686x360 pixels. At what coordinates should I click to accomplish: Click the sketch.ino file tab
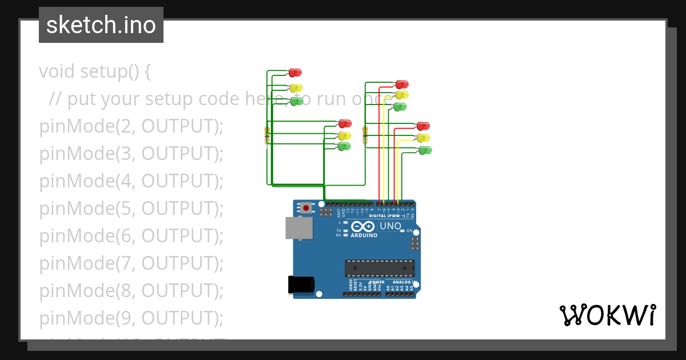[101, 25]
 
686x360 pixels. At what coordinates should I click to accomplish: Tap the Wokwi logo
[607, 315]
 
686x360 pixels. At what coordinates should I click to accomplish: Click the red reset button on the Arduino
[307, 207]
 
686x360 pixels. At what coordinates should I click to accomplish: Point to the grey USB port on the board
[300, 227]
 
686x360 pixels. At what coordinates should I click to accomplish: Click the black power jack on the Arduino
[301, 284]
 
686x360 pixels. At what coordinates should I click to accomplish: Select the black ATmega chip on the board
[379, 268]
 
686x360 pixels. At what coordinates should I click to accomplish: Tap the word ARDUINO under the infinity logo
[364, 235]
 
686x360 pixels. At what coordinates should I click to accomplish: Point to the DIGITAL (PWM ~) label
[387, 216]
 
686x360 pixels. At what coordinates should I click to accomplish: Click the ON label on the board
[409, 231]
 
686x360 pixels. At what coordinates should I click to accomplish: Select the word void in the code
[57, 72]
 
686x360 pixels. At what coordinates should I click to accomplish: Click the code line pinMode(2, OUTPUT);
[131, 126]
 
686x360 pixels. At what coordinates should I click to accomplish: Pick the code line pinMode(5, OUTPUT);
[131, 209]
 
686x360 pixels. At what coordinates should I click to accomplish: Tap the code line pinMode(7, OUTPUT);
[131, 263]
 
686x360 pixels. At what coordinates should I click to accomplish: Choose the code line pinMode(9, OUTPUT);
[131, 318]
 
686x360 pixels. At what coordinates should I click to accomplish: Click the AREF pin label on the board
[338, 213]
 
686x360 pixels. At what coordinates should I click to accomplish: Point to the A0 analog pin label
[388, 288]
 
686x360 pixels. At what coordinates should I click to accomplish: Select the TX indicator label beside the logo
[338, 230]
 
